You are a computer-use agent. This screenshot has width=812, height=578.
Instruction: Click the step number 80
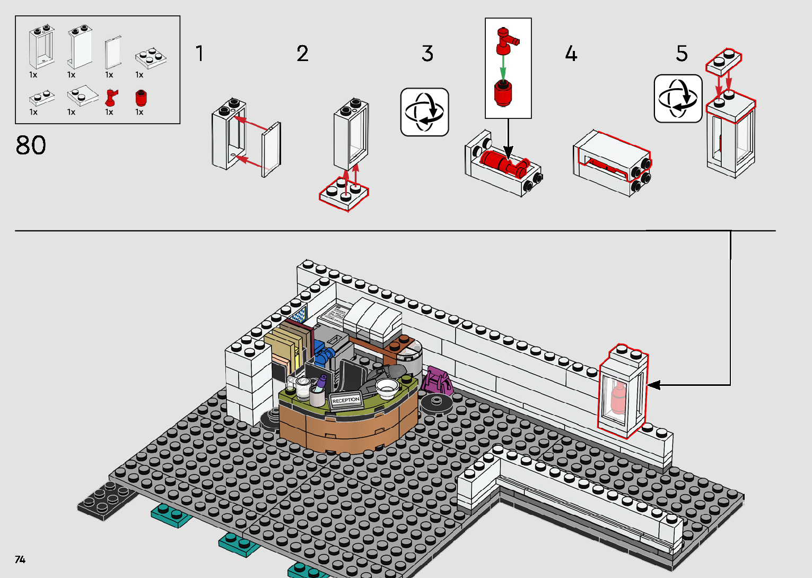tap(31, 145)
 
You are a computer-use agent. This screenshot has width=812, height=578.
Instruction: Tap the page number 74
tap(20, 559)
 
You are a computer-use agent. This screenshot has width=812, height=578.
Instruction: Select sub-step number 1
tap(199, 54)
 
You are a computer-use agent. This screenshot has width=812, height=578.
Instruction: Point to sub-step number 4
tap(571, 54)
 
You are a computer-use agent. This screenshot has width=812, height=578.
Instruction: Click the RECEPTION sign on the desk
tap(346, 400)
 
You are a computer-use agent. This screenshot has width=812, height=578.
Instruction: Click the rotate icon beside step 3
tap(424, 112)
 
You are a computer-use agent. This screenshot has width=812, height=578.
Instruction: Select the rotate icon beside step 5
tap(678, 99)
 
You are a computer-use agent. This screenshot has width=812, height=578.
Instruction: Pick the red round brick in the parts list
tap(141, 98)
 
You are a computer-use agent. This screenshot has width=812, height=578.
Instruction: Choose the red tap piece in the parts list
tap(111, 98)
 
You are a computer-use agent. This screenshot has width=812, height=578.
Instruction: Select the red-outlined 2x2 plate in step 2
tap(344, 194)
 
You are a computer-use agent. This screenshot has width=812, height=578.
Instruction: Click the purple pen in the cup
tap(321, 380)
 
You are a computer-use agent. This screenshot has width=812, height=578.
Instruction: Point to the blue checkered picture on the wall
tap(300, 314)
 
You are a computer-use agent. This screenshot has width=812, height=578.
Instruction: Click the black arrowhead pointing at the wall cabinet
tap(653, 385)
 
